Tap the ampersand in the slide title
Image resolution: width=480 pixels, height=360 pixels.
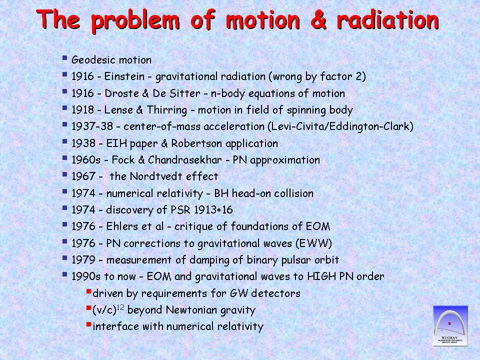point(318,20)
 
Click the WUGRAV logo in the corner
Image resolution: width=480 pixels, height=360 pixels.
point(450,325)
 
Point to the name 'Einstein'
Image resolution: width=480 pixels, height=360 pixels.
point(124,76)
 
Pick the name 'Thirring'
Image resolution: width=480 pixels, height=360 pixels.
point(167,110)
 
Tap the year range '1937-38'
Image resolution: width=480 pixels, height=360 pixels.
point(92,126)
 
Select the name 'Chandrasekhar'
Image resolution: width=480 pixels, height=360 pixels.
point(185,160)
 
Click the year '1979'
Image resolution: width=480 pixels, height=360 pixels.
point(83,259)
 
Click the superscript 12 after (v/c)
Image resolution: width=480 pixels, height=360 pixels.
point(120,307)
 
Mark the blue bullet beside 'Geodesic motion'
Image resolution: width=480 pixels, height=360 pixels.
point(64,57)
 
